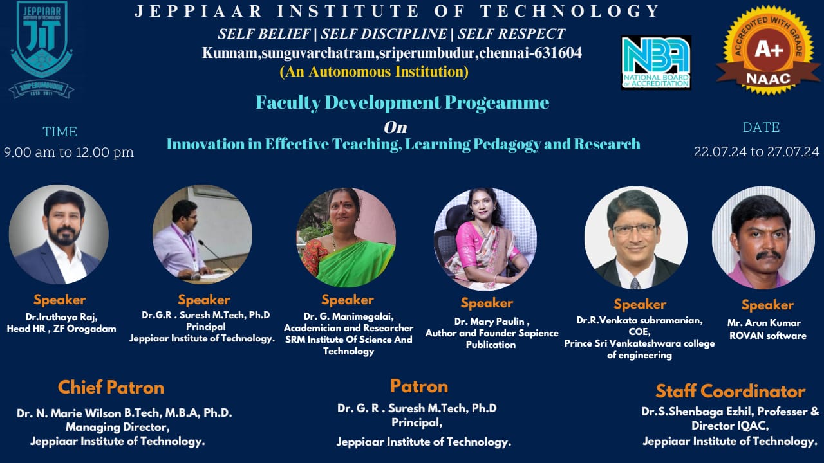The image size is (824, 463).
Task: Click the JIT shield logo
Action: tap(41, 50)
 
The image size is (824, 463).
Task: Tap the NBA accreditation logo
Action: tap(656, 62)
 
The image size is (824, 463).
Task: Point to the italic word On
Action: tap(395, 127)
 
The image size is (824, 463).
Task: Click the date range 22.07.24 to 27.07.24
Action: tap(756, 152)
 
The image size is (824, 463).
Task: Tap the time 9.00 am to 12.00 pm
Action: tap(69, 152)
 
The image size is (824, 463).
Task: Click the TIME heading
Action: tap(60, 132)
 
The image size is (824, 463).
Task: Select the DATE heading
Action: tap(761, 127)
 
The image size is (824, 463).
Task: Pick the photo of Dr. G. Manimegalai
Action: tap(346, 238)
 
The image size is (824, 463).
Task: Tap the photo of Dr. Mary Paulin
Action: tap(485, 239)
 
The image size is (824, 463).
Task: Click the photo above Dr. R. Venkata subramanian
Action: tap(635, 238)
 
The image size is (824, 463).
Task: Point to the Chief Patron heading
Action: tap(111, 387)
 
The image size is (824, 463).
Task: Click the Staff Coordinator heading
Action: tap(730, 391)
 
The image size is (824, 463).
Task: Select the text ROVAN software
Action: tap(767, 335)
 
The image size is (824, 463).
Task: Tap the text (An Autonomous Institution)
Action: tap(373, 71)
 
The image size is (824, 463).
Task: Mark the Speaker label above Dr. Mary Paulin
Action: tap(486, 303)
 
